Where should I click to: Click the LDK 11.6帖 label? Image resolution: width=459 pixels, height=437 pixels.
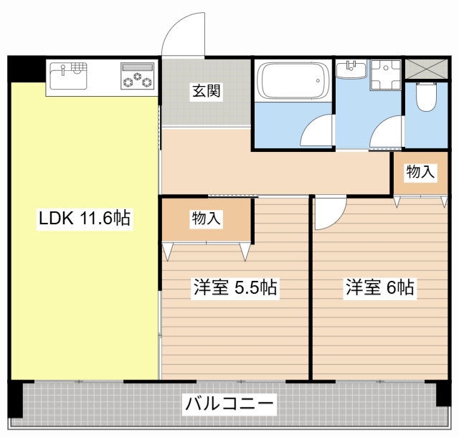pyautogui.click(x=85, y=218)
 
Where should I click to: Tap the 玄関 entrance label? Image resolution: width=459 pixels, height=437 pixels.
pyautogui.click(x=207, y=91)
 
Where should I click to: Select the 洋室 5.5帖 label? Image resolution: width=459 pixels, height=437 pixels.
pyautogui.click(x=235, y=287)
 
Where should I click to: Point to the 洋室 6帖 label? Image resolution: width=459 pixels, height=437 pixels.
pyautogui.click(x=379, y=287)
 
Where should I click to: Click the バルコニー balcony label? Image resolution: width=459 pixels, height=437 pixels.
pyautogui.click(x=229, y=404)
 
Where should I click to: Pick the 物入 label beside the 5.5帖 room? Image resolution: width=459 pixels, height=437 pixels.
pyautogui.click(x=206, y=218)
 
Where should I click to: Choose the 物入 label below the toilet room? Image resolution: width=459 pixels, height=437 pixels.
pyautogui.click(x=420, y=172)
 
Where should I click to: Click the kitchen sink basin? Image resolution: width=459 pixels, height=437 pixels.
pyautogui.click(x=69, y=76)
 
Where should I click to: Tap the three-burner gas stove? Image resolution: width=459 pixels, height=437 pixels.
pyautogui.click(x=138, y=76)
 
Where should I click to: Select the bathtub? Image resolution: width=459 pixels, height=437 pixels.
pyautogui.click(x=293, y=81)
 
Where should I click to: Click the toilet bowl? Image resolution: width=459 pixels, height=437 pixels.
pyautogui.click(x=427, y=97)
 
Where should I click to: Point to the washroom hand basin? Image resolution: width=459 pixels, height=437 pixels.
pyautogui.click(x=351, y=69)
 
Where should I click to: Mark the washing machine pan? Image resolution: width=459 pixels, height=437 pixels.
pyautogui.click(x=386, y=75)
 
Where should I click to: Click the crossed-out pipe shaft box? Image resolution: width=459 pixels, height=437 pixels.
pyautogui.click(x=427, y=69)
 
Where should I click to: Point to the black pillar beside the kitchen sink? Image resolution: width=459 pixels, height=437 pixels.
pyautogui.click(x=27, y=69)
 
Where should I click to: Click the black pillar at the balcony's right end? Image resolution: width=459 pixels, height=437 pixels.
pyautogui.click(x=443, y=393)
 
